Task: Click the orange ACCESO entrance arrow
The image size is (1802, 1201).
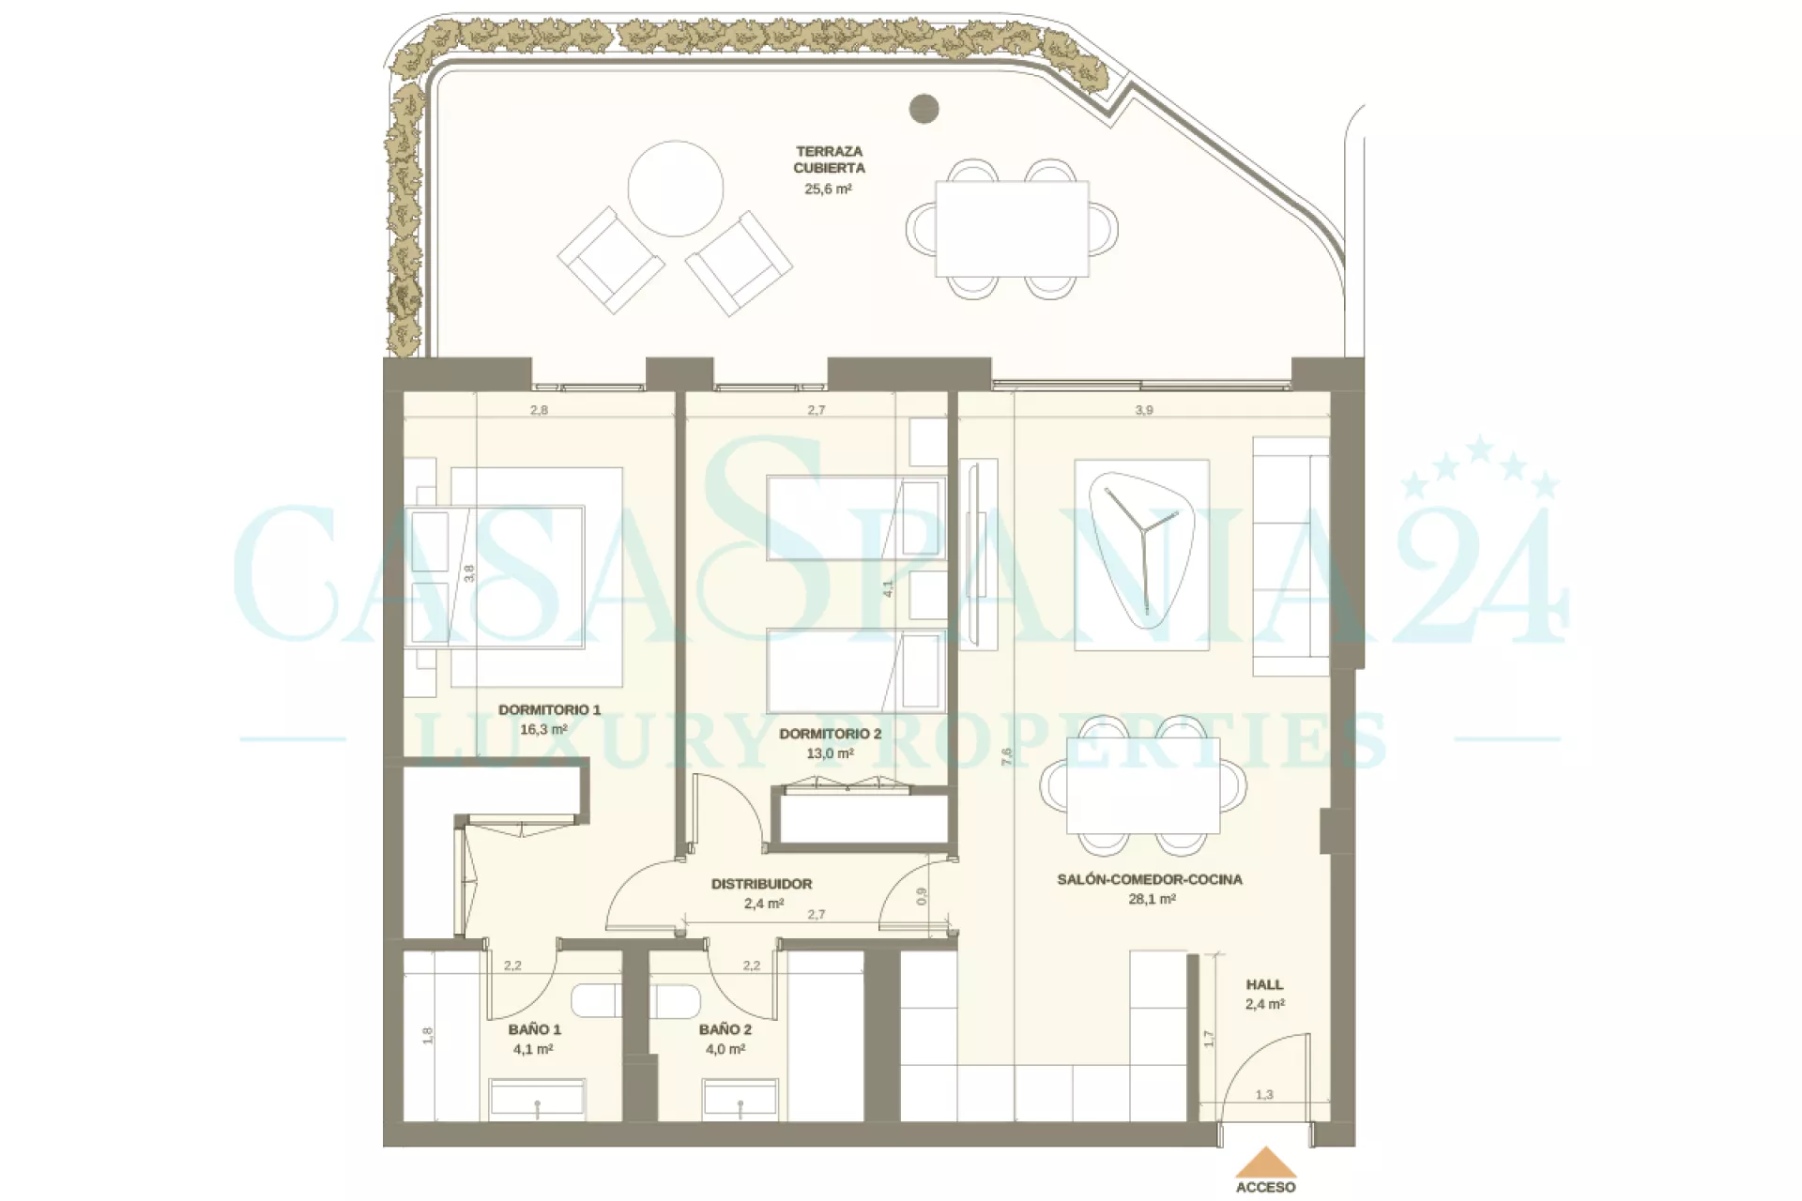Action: [x=1265, y=1163]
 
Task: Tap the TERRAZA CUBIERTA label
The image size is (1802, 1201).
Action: [x=829, y=160]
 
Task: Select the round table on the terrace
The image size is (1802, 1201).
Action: [x=676, y=189]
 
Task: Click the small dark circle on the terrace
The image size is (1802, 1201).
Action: [x=924, y=108]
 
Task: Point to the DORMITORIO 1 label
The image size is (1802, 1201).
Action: [x=549, y=709]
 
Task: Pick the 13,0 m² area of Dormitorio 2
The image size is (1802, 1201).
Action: [x=830, y=753]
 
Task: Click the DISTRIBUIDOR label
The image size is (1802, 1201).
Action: [x=761, y=884]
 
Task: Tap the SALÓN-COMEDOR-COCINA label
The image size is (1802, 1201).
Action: [x=1150, y=879]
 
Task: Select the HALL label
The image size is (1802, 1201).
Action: [x=1264, y=984]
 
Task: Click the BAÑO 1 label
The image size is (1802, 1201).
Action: [x=535, y=1029]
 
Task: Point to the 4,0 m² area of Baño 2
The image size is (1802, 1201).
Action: [x=725, y=1050]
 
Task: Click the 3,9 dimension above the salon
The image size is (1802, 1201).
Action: [x=1144, y=410]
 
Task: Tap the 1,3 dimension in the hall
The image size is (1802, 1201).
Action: [x=1264, y=1094]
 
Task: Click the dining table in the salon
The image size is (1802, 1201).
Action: [x=1143, y=785]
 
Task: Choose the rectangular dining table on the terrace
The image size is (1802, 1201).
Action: [x=1012, y=229]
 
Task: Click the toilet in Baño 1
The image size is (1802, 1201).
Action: [x=596, y=1001]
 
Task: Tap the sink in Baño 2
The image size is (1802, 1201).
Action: [x=741, y=1099]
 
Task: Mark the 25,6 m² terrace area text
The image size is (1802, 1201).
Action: [x=828, y=189]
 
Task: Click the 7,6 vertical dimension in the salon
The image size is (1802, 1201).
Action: [x=1006, y=757]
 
